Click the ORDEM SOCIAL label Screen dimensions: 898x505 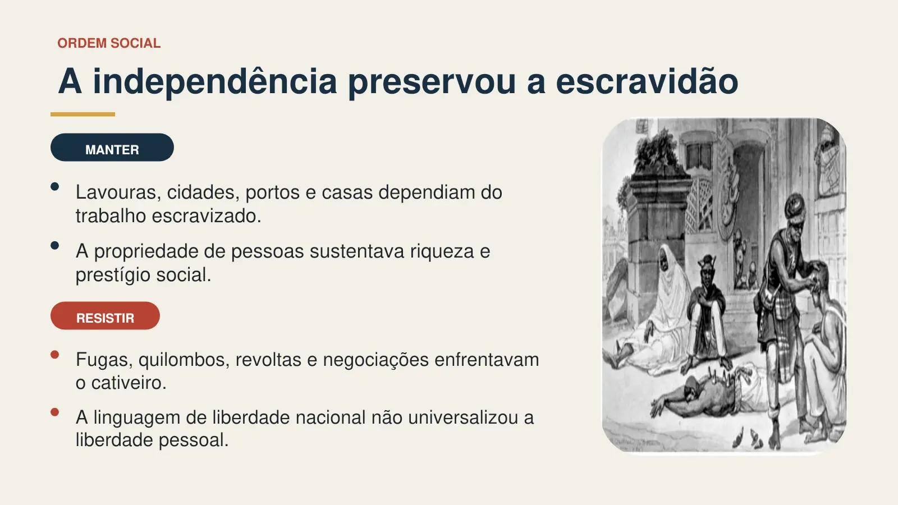tap(109, 43)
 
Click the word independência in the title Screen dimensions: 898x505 tap(215, 82)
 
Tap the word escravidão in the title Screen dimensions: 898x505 tap(647, 81)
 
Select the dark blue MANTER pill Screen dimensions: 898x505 tap(112, 148)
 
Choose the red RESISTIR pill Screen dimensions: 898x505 tap(105, 316)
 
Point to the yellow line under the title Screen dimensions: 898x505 tap(83, 114)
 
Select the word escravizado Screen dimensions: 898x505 tap(207, 216)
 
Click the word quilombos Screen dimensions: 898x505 tap(184, 360)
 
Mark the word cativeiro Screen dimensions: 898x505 tap(129, 383)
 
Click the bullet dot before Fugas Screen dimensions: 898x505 tap(55, 355)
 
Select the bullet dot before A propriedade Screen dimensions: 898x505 tap(55, 246)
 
